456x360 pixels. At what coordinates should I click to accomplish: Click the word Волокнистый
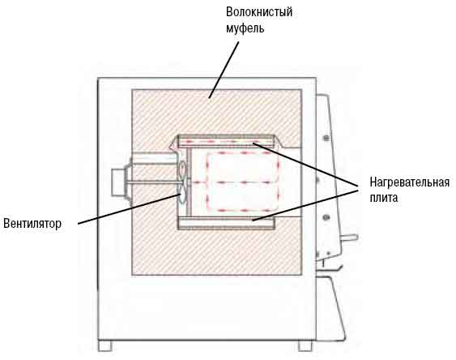coord(259,12)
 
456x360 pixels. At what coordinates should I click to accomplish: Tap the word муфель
coord(245,28)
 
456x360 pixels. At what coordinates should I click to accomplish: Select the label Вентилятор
coord(32,224)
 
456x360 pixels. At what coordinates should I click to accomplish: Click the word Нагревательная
coord(410,182)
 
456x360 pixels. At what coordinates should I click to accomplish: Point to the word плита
coord(384,198)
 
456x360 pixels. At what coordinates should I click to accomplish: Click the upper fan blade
coord(182,171)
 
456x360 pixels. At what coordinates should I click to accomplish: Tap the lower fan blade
coord(181,194)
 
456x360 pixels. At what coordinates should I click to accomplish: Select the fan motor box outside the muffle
coord(118,182)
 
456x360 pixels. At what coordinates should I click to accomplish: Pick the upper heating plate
coord(227,142)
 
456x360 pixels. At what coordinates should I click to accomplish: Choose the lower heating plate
coord(227,222)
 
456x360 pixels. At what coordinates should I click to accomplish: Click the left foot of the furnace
coord(104,345)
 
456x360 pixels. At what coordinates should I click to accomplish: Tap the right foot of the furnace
coord(305,345)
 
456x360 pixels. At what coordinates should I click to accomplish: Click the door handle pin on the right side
coord(349,238)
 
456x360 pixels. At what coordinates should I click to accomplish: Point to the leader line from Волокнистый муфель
coord(224,70)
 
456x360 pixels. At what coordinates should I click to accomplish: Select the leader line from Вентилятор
coord(129,209)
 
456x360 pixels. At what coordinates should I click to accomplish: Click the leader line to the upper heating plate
coord(305,165)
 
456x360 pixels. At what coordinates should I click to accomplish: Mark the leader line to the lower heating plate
coord(305,204)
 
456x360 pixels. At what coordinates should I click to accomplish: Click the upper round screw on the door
coord(326,137)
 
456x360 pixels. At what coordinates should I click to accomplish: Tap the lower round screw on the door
coord(326,217)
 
